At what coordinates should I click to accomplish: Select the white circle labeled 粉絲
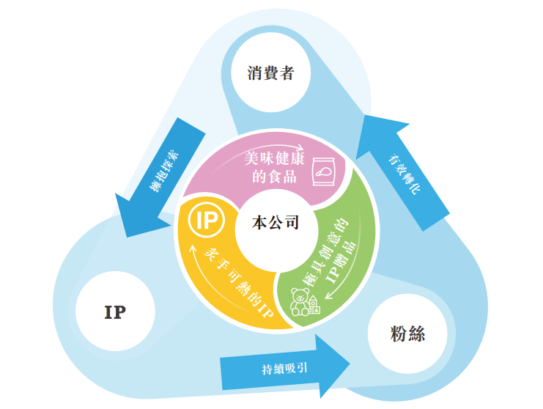[407, 335]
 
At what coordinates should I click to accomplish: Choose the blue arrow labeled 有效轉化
[405, 166]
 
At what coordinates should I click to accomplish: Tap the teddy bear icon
[300, 301]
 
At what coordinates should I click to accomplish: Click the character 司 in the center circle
[292, 223]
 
